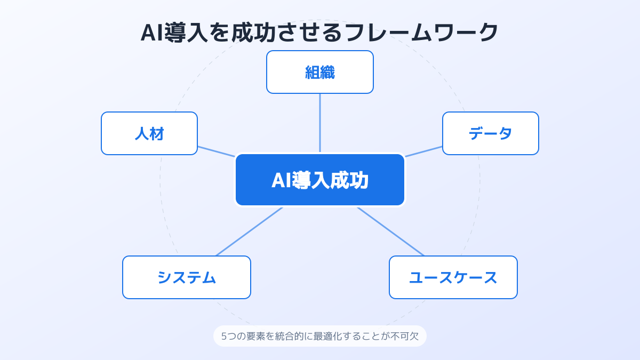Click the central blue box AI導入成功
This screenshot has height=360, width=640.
[x=320, y=180]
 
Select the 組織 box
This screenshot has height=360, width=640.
[x=320, y=72]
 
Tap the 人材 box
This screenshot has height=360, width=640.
[x=149, y=133]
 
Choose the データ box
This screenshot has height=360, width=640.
[x=491, y=133]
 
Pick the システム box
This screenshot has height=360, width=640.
[x=187, y=277]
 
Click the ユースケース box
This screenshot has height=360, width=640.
[x=453, y=277]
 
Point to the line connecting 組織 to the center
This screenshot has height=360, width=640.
[x=320, y=123]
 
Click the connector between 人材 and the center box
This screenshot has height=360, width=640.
[x=217, y=151]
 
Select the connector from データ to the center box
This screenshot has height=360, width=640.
[x=423, y=151]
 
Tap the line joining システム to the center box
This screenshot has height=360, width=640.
[x=249, y=231]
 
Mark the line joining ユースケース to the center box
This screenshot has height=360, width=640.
[x=390, y=231]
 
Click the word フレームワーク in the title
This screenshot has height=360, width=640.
[x=421, y=33]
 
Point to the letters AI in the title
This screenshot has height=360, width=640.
[x=152, y=33]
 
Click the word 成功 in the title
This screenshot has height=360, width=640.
[x=253, y=33]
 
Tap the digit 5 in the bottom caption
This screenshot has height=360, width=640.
[x=224, y=337]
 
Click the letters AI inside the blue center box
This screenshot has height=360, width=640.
[x=282, y=181]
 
